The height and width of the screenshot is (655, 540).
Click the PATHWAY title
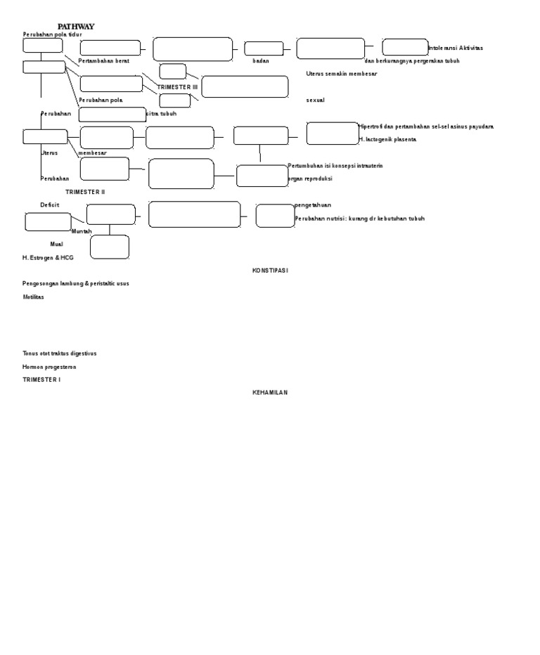coord(76,27)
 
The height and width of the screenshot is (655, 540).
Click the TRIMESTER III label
coord(178,87)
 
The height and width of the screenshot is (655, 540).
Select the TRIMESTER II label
coord(85,192)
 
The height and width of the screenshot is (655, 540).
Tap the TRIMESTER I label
coord(41,380)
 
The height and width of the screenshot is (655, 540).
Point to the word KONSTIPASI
coord(271,271)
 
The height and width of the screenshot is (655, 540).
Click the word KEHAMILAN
coord(271,392)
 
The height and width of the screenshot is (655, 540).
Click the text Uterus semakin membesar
coord(342,74)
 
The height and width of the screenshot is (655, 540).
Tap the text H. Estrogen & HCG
coord(48,258)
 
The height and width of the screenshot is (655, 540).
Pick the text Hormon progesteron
coord(49,367)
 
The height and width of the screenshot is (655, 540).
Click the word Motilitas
coord(33,297)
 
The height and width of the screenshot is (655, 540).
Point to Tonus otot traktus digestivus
coord(60,354)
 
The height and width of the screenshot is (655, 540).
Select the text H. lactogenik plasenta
coord(387,140)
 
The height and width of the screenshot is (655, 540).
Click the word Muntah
coord(82,231)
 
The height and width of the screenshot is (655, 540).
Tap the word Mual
coord(56,244)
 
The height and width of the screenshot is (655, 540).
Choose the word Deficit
coord(49,205)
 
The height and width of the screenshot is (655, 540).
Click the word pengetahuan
coord(313,205)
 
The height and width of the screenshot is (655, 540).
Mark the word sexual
coord(316,100)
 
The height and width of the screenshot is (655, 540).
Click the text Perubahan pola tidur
coord(53,34)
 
